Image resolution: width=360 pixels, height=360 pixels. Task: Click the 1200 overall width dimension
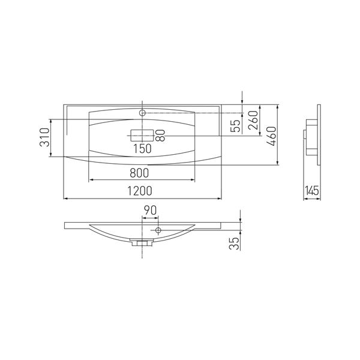pos(140,191)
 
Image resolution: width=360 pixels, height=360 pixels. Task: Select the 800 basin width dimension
pos(139,173)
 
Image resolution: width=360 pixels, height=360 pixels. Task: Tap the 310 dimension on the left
pos(44,137)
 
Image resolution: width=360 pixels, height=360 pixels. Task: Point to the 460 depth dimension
pos(271,136)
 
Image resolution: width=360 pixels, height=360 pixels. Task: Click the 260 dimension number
pos(253,121)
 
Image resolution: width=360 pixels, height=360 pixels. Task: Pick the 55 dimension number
pos(235,126)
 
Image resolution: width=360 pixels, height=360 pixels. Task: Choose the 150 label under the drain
pos(143,149)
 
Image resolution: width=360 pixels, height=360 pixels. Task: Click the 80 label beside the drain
pos(160,135)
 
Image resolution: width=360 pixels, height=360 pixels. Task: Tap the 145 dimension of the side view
pos(312,190)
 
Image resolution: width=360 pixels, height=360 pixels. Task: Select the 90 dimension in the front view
pos(150,210)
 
